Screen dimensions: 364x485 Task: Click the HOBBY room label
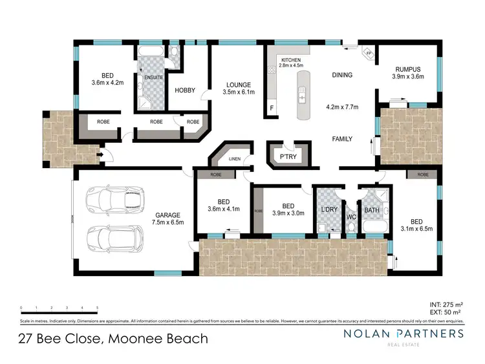pos(186,91)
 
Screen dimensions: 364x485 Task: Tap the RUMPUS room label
pos(407,69)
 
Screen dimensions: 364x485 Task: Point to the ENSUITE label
pos(154,78)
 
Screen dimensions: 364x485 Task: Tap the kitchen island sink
pos(301,97)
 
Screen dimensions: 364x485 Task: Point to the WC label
pos(352,216)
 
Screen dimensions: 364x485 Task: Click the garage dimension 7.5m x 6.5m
pos(168,222)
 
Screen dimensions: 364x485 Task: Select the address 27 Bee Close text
pos(61,338)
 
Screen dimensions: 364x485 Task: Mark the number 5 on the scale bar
pos(97,308)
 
